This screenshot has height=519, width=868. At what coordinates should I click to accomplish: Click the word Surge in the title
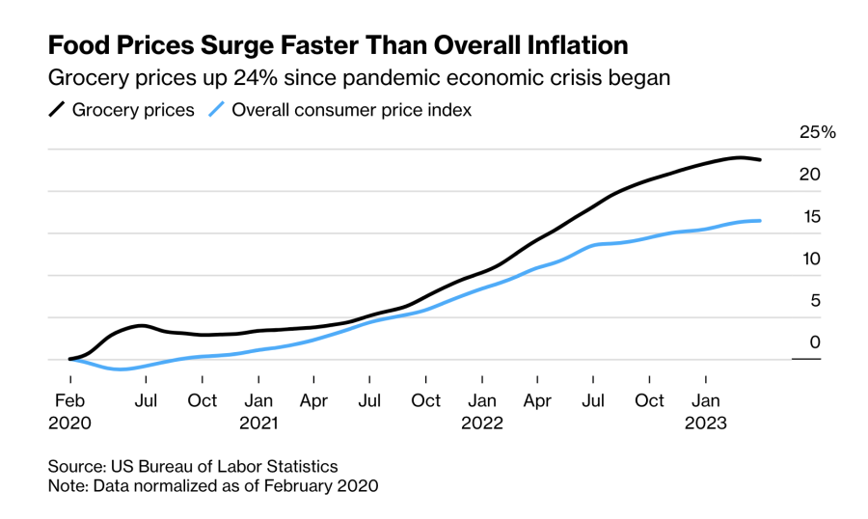tap(236, 46)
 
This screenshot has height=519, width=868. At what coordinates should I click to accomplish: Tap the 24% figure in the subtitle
tap(256, 77)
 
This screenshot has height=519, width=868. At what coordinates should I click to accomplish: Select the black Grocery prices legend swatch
tap(57, 109)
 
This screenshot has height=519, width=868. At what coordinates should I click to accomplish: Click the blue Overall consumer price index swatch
tap(216, 109)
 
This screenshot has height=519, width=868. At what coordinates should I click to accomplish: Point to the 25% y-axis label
tap(818, 132)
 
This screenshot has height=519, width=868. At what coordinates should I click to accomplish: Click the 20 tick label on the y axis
tap(810, 174)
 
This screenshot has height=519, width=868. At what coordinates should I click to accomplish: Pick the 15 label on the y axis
tap(811, 216)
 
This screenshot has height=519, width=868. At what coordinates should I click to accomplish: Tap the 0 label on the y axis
tap(815, 341)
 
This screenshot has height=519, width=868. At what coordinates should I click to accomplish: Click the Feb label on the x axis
tap(69, 400)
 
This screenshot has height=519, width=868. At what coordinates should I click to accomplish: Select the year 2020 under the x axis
tap(69, 423)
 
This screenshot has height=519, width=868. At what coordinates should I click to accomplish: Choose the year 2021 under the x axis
tap(258, 423)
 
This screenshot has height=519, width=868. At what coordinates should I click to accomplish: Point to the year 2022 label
tap(482, 423)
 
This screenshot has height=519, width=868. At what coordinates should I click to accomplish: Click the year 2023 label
tap(706, 423)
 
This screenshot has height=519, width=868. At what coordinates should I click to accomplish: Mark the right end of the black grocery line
tap(760, 159)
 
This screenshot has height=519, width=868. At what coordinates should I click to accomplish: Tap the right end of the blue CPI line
tap(760, 221)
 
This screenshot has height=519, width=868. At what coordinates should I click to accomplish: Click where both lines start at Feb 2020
tap(70, 359)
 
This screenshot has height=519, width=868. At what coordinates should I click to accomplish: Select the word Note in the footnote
tap(68, 486)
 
